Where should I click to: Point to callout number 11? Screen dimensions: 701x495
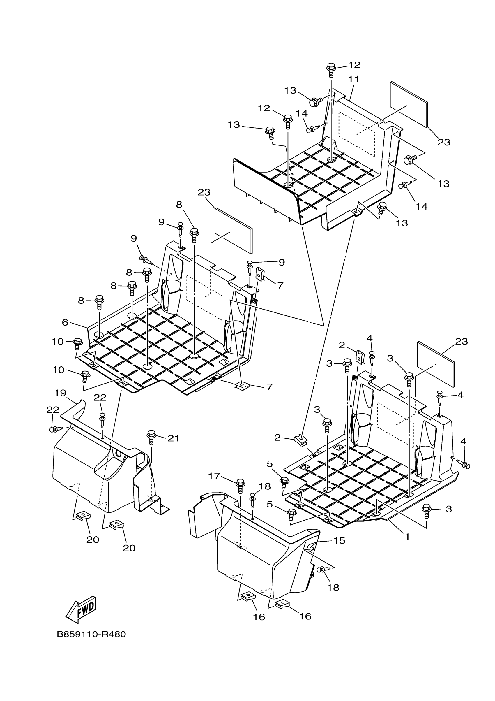(x=354, y=79)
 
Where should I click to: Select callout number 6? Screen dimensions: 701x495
(x=65, y=322)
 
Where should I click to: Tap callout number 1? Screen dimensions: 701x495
(x=407, y=536)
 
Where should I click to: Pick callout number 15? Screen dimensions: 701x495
(x=339, y=540)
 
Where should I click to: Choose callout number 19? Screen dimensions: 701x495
(x=60, y=393)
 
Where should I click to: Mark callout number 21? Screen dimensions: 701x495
(x=174, y=438)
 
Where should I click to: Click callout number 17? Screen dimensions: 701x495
(x=214, y=476)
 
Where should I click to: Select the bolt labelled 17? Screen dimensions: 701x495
(x=240, y=485)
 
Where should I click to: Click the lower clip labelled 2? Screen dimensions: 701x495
(x=300, y=440)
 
